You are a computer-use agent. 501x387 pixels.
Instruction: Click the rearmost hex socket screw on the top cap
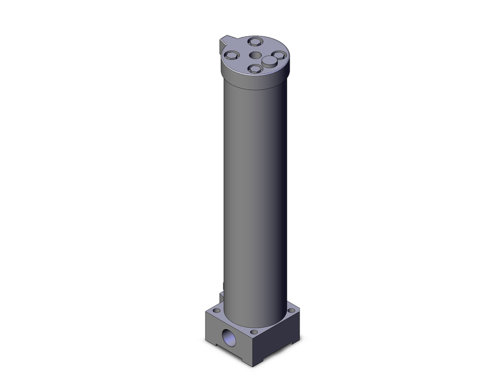pyautogui.click(x=255, y=42)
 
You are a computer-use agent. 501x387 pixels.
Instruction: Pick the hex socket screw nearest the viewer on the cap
pyautogui.click(x=255, y=69)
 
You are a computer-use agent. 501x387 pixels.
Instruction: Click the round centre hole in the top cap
pyautogui.click(x=255, y=55)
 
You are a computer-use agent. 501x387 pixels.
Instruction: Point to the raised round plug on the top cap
pyautogui.click(x=269, y=62)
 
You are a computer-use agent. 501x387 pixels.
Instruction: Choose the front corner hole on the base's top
pyautogui.click(x=254, y=332)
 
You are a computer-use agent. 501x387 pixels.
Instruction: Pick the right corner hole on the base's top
pyautogui.click(x=291, y=311)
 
